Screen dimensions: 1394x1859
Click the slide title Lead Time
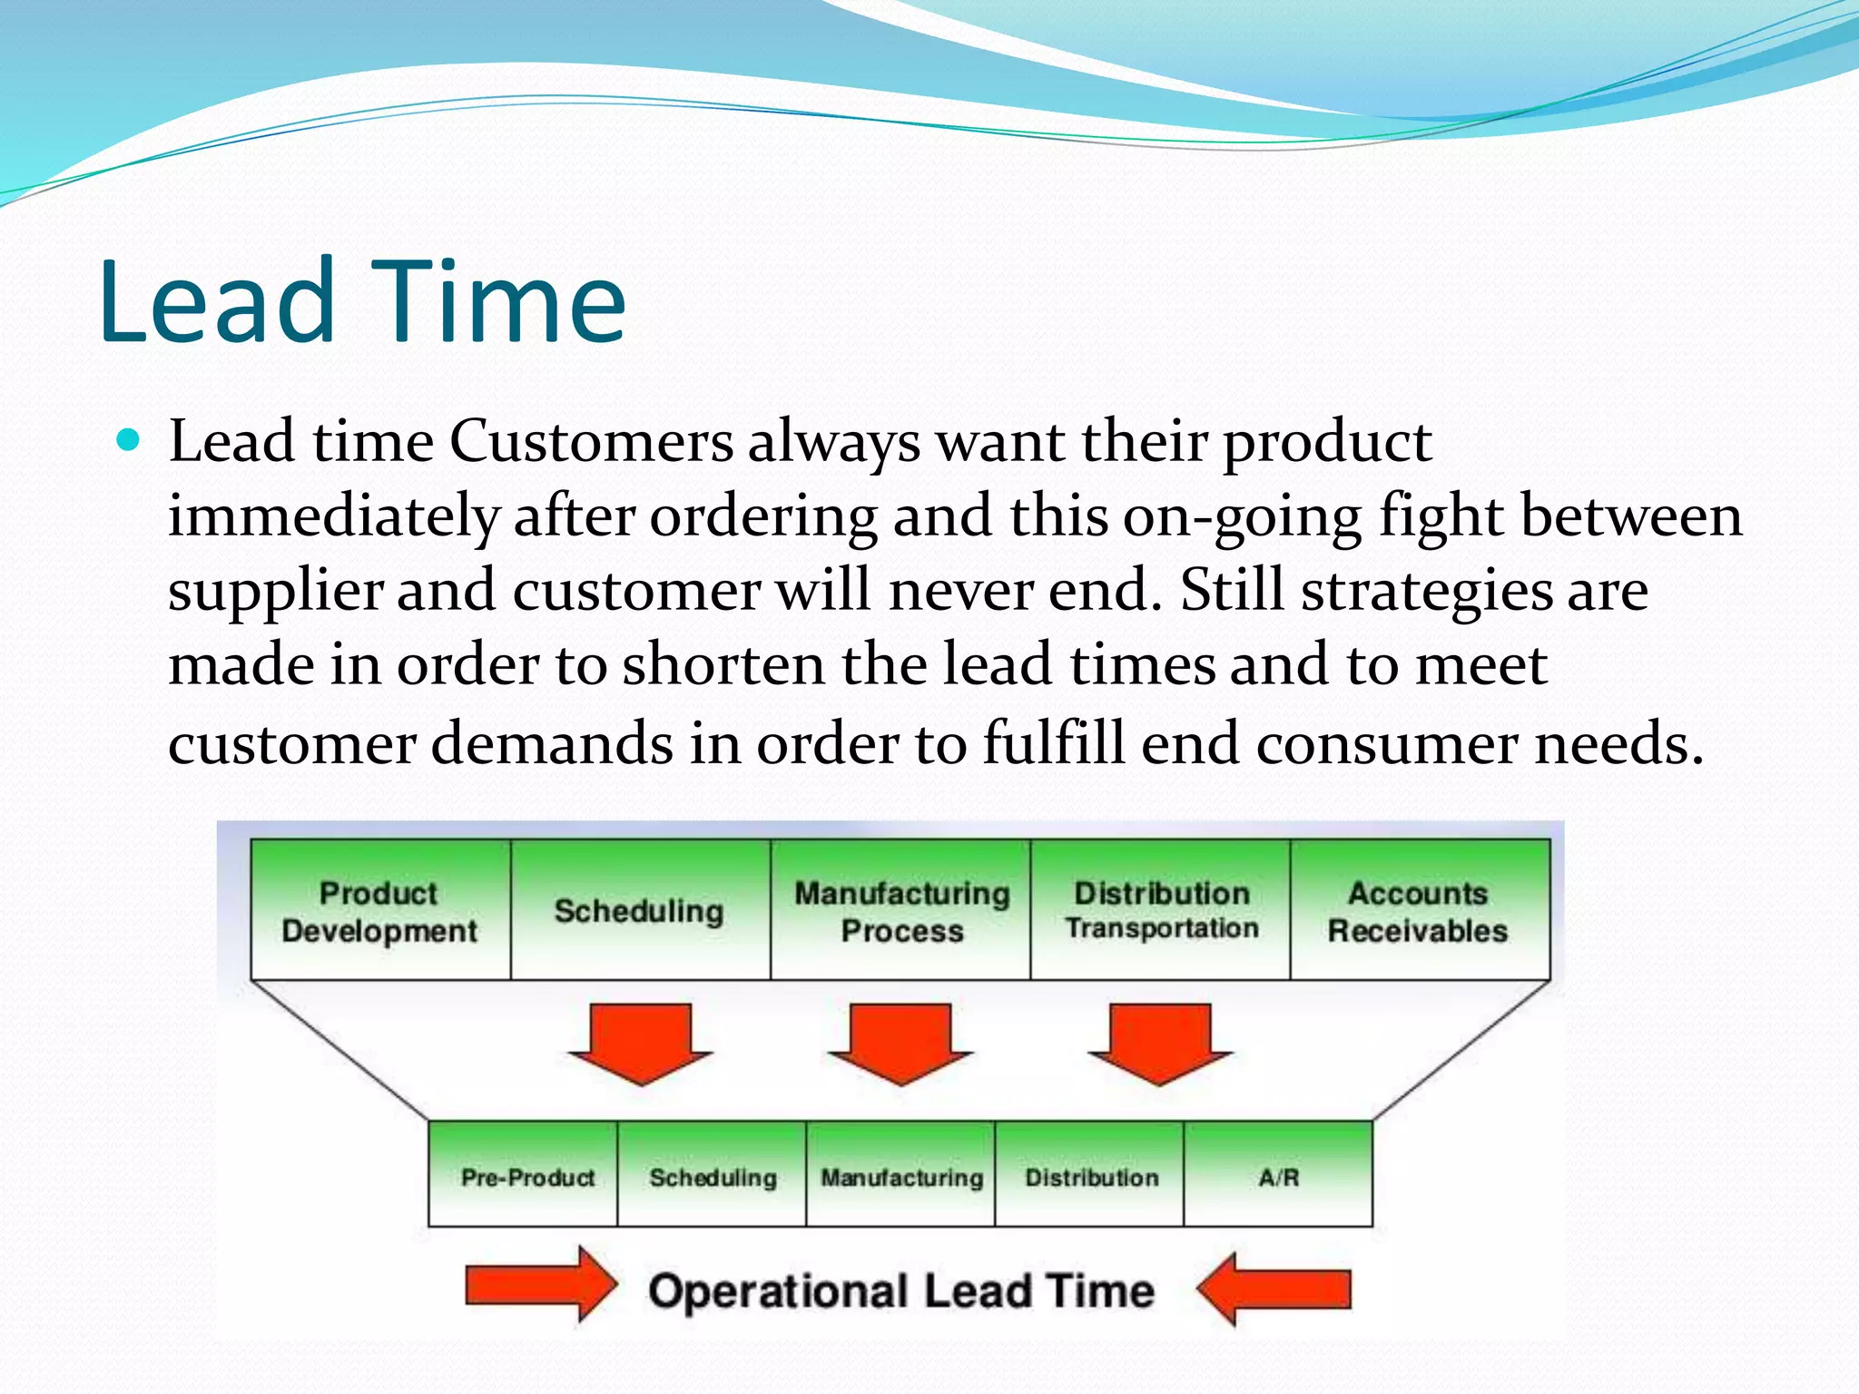pyautogui.click(x=363, y=301)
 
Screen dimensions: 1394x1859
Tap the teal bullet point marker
pyautogui.click(x=130, y=442)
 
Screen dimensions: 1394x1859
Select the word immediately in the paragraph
pyautogui.click(x=333, y=516)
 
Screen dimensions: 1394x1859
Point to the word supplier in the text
pyautogui.click(x=275, y=591)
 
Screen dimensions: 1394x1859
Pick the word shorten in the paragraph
pyautogui.click(x=723, y=665)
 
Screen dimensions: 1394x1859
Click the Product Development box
pyautogui.click(x=380, y=910)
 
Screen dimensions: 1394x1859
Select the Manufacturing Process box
pyautogui.click(x=900, y=910)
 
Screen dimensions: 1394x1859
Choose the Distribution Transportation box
pyautogui.click(x=1161, y=910)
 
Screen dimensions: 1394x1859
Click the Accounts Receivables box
pyautogui.click(x=1419, y=910)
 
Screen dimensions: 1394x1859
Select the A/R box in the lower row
pyautogui.click(x=1278, y=1176)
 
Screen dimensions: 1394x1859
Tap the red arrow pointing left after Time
pyautogui.click(x=1274, y=1288)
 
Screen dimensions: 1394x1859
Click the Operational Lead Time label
pyautogui.click(x=900, y=1290)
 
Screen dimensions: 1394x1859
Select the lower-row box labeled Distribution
pyautogui.click(x=1090, y=1176)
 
